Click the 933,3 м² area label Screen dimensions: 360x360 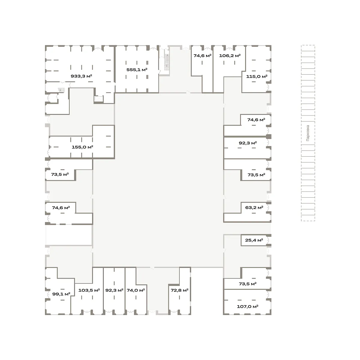pos(81,76)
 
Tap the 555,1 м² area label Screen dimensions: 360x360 pos(137,70)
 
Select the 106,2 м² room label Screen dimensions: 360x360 pos(230,55)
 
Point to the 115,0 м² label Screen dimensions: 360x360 pos(257,76)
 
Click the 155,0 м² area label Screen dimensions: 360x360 pos(82,147)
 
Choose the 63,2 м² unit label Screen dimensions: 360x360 pos(254,208)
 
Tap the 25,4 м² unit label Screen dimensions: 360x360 pos(254,240)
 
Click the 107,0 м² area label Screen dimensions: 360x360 pos(247,307)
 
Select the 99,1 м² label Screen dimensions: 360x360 pos(61,294)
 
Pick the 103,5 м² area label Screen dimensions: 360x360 pos(89,290)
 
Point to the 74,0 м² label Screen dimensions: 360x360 pos(136,290)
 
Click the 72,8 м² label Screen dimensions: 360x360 pos(179,290)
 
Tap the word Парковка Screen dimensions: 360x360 pos(308,133)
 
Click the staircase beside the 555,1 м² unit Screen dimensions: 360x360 pos(167,62)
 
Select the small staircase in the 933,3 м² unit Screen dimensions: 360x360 pos(61,90)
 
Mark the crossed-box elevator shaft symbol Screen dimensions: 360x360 pos(99,98)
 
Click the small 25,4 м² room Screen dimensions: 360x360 pos(255,240)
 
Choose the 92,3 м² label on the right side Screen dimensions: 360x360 pos(248,143)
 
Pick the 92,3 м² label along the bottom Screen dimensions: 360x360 pos(114,290)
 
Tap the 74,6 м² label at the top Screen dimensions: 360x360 pos(202,56)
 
